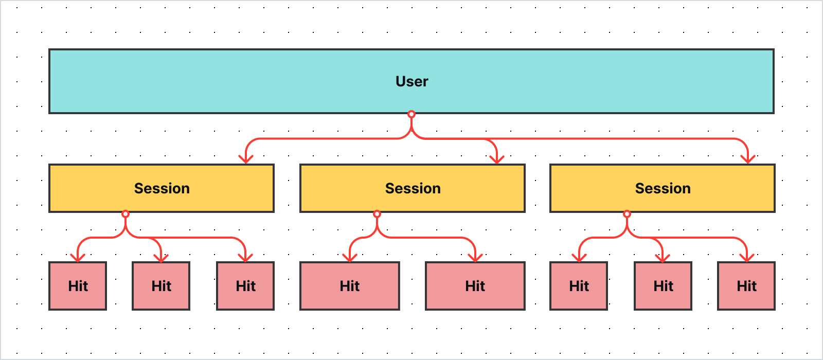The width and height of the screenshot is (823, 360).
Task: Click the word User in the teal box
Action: click(411, 81)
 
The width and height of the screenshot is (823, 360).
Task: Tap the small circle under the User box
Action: click(411, 114)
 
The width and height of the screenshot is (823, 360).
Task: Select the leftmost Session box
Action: click(162, 188)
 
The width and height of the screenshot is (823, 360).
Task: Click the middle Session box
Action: click(413, 188)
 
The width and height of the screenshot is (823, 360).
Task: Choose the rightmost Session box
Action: click(663, 188)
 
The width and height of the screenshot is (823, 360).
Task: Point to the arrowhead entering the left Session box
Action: click(246, 159)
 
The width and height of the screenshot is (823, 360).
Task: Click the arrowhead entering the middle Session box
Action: click(497, 159)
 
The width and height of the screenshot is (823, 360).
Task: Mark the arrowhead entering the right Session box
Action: click(748, 159)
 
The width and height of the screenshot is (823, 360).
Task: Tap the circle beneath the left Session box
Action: click(126, 214)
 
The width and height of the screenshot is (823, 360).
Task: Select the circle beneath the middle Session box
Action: click(377, 214)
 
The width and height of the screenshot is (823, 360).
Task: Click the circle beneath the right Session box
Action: click(627, 214)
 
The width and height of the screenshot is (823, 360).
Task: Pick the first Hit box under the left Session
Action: click(78, 286)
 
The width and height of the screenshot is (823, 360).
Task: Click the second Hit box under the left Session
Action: click(161, 286)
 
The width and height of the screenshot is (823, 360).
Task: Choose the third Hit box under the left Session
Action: click(245, 286)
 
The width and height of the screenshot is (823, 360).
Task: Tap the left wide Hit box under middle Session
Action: click(350, 286)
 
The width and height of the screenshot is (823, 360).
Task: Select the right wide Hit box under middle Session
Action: click(475, 286)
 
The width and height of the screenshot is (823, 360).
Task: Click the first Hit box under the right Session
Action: click(579, 286)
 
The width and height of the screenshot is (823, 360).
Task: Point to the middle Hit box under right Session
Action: click(663, 286)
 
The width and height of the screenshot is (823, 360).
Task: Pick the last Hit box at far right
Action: click(746, 286)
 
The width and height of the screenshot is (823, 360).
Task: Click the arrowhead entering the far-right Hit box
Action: click(747, 258)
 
